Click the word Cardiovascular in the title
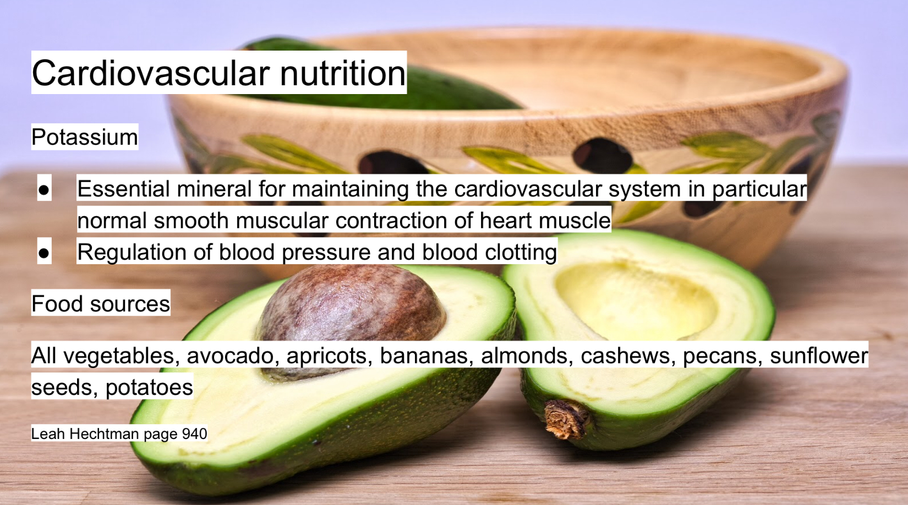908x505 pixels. click(150, 73)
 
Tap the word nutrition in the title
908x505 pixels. click(342, 73)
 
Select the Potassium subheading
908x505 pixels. click(85, 137)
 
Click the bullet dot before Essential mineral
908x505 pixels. click(44, 189)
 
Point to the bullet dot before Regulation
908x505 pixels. click(44, 253)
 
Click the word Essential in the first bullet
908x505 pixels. click(123, 189)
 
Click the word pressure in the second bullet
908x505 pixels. click(326, 252)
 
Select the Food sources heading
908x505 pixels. click(101, 304)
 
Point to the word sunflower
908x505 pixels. click(819, 355)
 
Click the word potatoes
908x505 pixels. click(149, 387)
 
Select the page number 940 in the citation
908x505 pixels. click(195, 433)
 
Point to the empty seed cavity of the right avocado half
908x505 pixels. click(634, 300)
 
